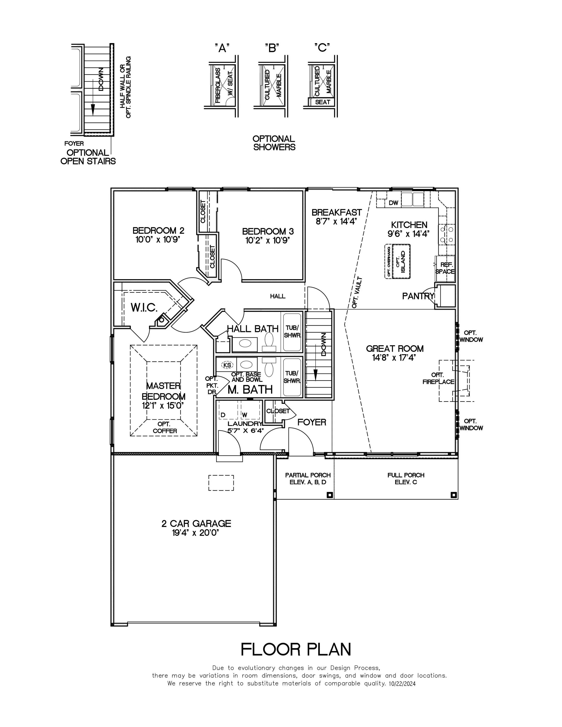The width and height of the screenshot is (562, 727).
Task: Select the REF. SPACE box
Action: point(445,268)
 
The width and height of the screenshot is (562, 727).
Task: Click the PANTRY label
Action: point(418,296)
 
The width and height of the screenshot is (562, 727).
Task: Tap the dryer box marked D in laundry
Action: point(223,415)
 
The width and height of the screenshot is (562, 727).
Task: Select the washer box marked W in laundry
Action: point(245,415)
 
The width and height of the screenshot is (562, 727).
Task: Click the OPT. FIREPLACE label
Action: point(438,378)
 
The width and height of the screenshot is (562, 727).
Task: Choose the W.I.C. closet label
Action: point(144,308)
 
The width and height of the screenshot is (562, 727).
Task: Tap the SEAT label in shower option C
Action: point(322,102)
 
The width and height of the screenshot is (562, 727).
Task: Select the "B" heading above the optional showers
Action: point(272,48)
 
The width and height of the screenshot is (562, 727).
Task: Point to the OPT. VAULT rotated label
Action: point(357,292)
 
